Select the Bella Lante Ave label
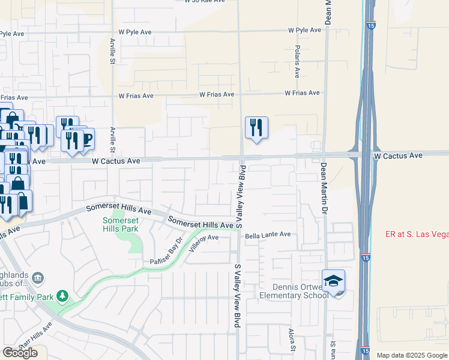267,235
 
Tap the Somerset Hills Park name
121,224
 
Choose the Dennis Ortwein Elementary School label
294,291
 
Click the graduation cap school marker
334,280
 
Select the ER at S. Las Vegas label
417,234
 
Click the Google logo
20,353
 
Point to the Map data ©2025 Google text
412,355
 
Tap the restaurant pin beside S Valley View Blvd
256,127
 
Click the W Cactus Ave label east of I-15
398,155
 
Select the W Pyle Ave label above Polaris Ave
305,30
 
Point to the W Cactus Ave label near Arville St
116,161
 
